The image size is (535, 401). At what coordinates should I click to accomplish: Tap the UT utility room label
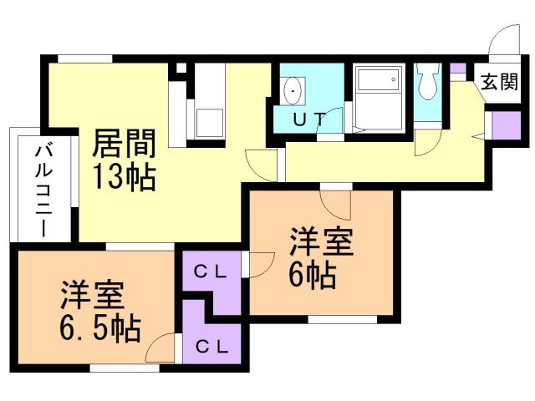click(x=307, y=118)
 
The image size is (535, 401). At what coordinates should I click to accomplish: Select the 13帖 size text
click(x=123, y=177)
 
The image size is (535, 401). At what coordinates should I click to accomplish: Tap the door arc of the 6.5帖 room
click(x=164, y=348)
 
